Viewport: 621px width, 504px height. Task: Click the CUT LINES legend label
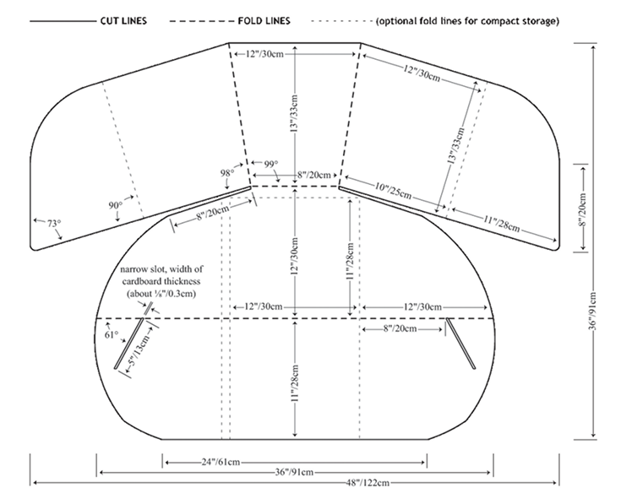[123, 20]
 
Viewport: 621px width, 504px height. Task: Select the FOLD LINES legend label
[264, 20]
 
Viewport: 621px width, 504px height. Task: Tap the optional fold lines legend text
[467, 21]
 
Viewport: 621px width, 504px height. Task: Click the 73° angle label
[54, 224]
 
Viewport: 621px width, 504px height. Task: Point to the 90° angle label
[116, 205]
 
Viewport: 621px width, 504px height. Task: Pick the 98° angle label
[227, 173]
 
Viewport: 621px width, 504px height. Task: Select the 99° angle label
[271, 164]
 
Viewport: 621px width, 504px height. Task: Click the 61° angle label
[112, 334]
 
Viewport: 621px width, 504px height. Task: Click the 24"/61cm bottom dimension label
[221, 462]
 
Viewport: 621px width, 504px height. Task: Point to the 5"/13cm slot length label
[139, 349]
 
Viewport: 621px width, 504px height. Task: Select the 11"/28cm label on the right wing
[501, 224]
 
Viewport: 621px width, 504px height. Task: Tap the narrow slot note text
[161, 281]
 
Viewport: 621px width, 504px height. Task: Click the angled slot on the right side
[460, 344]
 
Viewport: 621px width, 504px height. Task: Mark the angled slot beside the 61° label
[129, 344]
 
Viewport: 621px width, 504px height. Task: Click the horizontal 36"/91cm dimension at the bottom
[294, 472]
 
